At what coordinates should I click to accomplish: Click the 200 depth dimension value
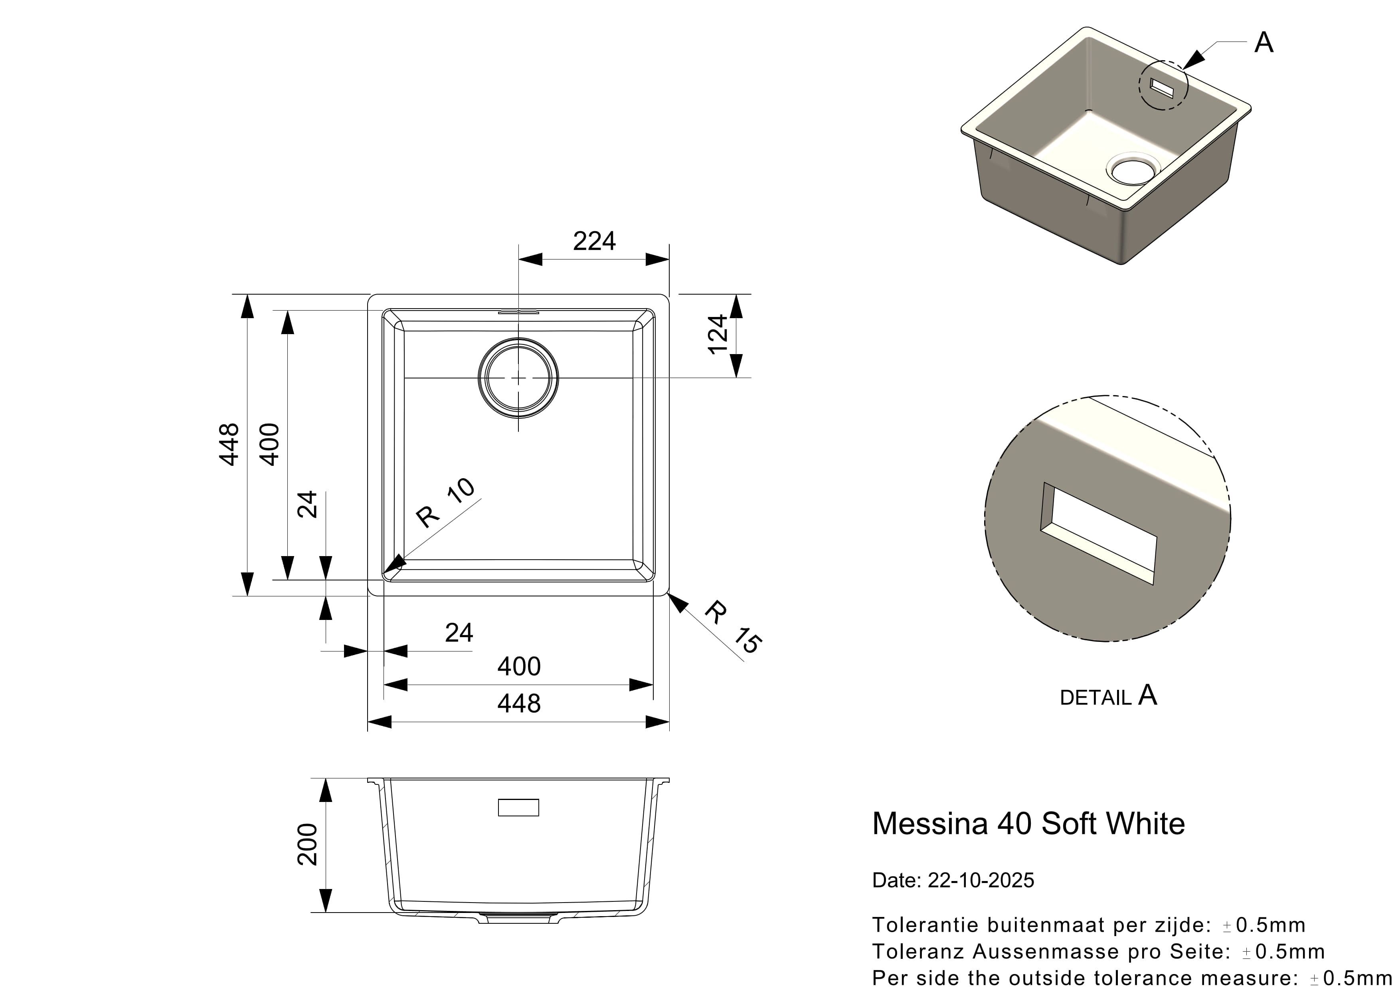307,844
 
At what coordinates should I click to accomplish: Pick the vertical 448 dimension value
229,445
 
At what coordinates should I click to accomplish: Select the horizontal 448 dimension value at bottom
519,704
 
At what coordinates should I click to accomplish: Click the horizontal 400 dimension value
519,667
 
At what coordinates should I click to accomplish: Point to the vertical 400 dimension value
269,445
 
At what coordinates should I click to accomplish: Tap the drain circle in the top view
518,378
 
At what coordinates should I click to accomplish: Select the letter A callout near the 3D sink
1264,43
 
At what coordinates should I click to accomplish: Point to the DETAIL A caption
1108,696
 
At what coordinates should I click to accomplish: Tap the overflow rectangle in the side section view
518,807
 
